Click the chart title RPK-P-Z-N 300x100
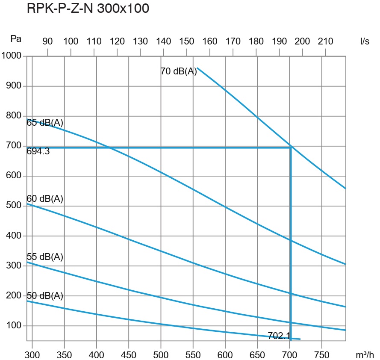pos(88,9)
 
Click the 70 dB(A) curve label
pos(179,71)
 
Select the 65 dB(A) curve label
pos(45,123)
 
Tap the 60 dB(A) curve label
pos(45,198)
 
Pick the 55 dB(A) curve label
pos(45,257)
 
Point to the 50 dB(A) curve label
pos(45,296)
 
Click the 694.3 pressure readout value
pos(38,151)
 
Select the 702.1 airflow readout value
pos(279,336)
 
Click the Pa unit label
pos(16,39)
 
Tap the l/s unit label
pos(365,41)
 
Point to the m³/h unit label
pos(364,355)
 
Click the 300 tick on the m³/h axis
pos(32,355)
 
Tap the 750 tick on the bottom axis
pos(321,355)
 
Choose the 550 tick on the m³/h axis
pos(193,355)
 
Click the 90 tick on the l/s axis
pos(47,41)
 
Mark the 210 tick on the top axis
pos(326,41)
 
